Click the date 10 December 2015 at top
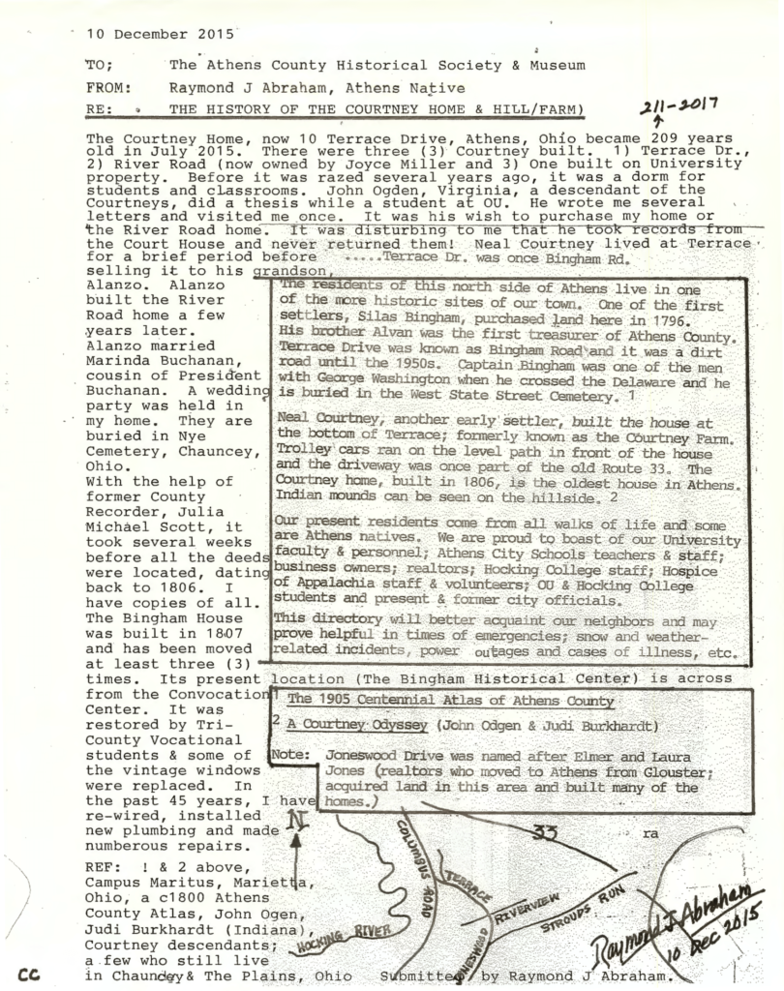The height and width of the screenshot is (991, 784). tap(160, 33)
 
